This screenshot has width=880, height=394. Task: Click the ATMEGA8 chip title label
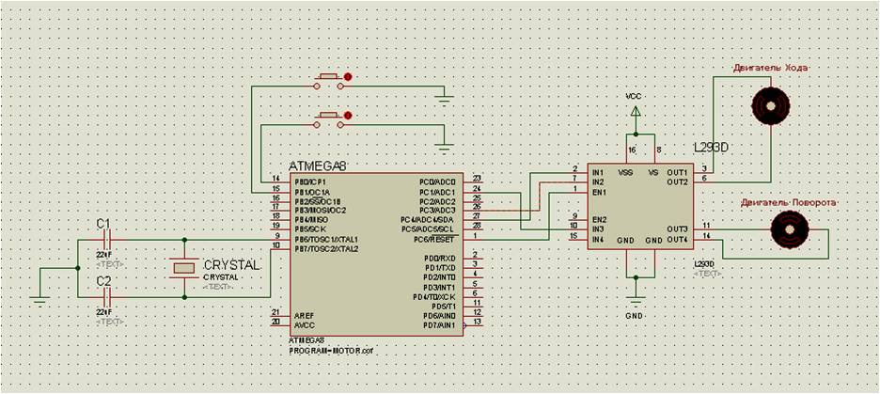pos(318,166)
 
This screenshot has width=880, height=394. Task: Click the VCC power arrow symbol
pos(636,112)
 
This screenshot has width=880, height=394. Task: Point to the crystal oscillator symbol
pos(183,268)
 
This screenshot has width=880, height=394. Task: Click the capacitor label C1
pos(103,223)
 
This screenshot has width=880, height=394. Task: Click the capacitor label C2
pos(103,281)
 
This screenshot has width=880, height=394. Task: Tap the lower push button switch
pos(330,118)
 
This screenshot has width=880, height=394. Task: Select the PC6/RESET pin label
pos(436,237)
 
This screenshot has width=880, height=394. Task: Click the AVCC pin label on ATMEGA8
pos(304,323)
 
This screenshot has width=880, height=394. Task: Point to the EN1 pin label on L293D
pos(598,192)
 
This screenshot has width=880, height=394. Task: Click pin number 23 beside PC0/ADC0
pos(478,179)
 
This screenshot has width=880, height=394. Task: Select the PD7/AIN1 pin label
pos(439,325)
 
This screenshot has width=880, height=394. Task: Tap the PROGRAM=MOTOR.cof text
pos(332,349)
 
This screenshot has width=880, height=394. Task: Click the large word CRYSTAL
pos(231,266)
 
